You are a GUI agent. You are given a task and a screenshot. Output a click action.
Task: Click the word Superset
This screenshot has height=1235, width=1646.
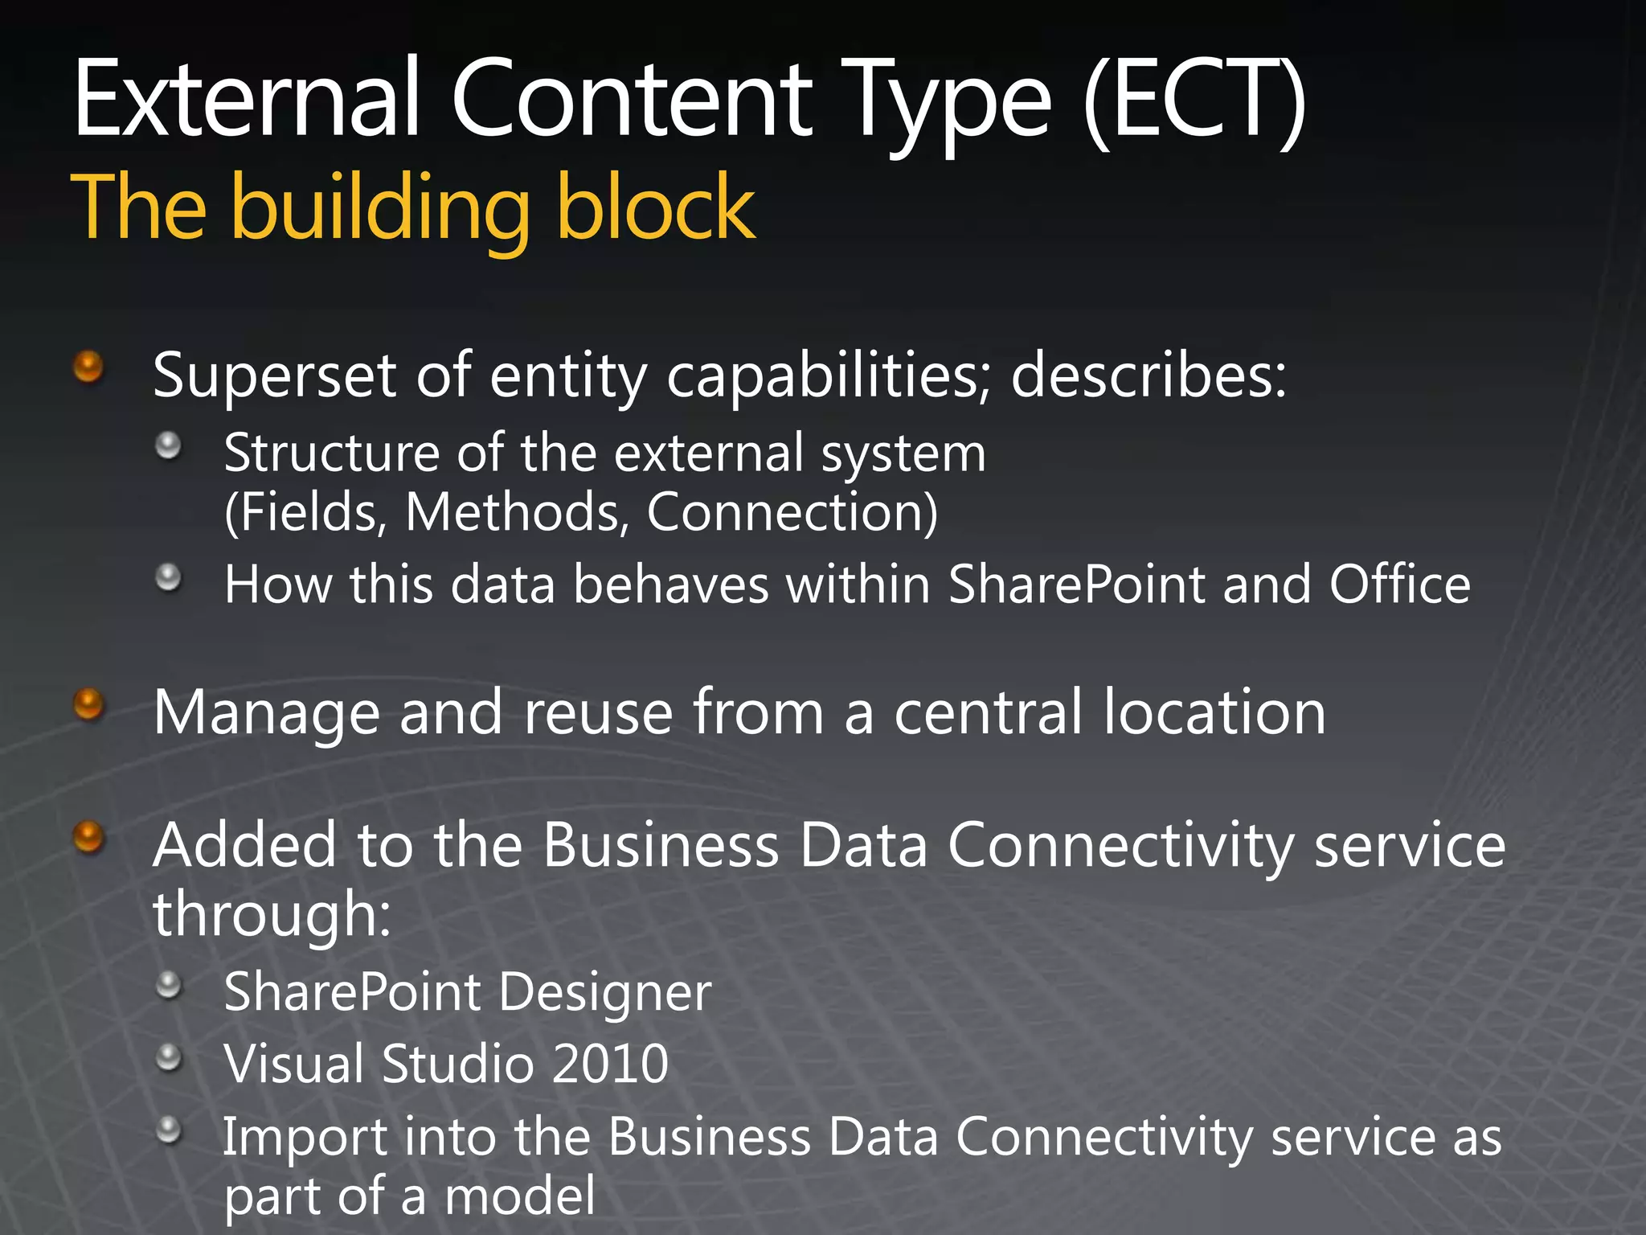pyautogui.click(x=274, y=375)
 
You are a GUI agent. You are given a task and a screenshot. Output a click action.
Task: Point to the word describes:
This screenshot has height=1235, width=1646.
pyautogui.click(x=1149, y=375)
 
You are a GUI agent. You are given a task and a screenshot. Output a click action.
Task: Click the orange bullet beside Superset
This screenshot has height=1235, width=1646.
pyautogui.click(x=88, y=367)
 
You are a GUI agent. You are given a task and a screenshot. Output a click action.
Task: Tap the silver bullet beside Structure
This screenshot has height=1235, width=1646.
pyautogui.click(x=168, y=445)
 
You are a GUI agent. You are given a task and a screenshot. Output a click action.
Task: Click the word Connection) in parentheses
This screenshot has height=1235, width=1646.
pyautogui.click(x=792, y=512)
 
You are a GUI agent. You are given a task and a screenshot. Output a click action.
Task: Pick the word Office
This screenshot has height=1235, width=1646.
pyautogui.click(x=1399, y=584)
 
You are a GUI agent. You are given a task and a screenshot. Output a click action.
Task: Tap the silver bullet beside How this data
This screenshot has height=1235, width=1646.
pyautogui.click(x=168, y=577)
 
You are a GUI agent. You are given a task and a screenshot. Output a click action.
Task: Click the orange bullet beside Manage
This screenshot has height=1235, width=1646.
pyautogui.click(x=88, y=705)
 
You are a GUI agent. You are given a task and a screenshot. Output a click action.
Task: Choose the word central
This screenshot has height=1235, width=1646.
pyautogui.click(x=989, y=712)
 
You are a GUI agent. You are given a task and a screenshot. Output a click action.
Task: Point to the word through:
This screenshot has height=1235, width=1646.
pyautogui.click(x=272, y=914)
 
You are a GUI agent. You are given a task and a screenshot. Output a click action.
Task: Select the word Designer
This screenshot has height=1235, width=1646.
pyautogui.click(x=604, y=992)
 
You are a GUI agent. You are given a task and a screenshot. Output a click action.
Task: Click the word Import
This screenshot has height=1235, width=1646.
pyautogui.click(x=304, y=1137)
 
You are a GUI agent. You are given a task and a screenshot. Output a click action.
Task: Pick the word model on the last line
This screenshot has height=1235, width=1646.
pyautogui.click(x=520, y=1196)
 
